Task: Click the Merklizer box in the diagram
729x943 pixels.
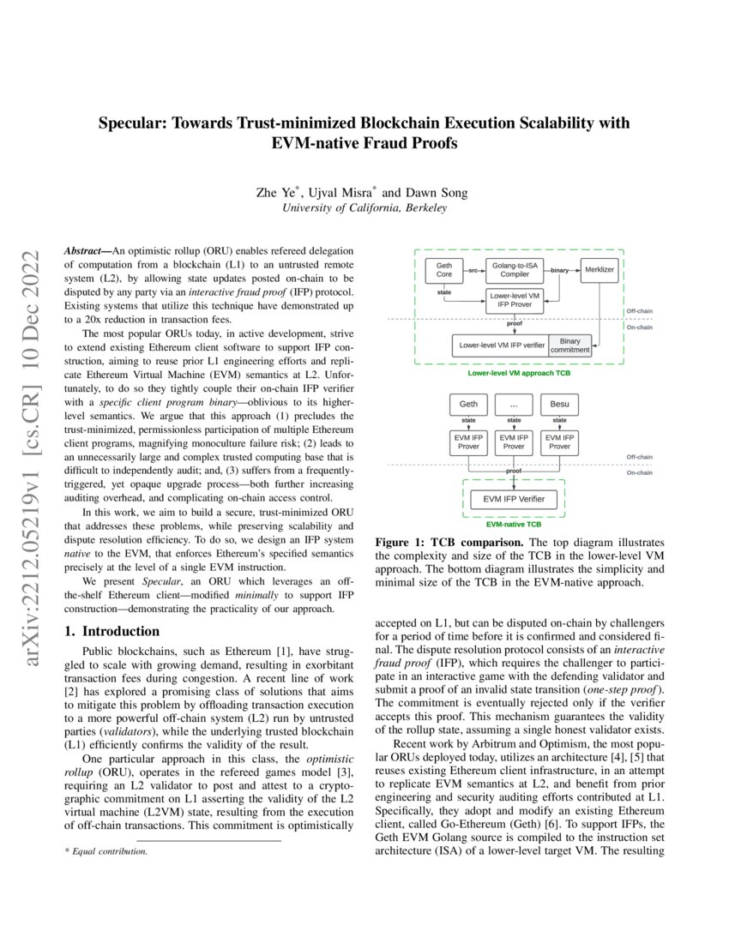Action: [599, 270]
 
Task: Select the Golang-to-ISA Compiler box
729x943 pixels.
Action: [515, 270]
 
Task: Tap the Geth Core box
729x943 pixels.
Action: [444, 270]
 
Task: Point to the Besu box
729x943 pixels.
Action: [559, 404]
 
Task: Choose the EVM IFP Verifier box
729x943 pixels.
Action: [514, 499]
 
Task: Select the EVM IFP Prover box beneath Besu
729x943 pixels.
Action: [559, 441]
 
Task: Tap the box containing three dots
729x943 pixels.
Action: [514, 404]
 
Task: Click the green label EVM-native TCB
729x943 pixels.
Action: [514, 523]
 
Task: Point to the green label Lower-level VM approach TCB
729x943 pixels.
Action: [519, 374]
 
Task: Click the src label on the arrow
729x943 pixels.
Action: [473, 270]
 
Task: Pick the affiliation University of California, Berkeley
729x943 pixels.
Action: [364, 208]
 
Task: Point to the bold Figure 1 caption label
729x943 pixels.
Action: [408, 544]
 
